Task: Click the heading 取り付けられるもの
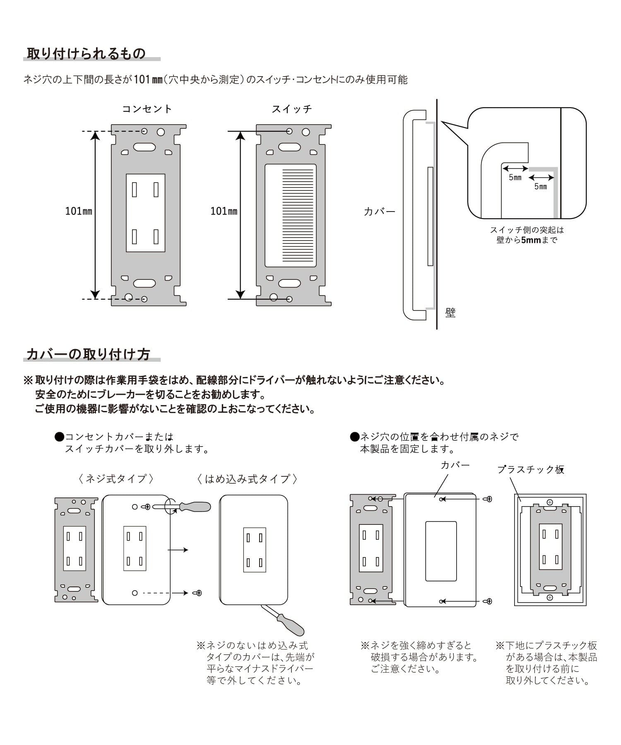86,54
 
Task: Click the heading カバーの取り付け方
88,354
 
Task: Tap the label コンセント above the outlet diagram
147,109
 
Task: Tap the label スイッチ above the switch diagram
292,109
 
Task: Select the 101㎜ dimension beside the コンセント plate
79,211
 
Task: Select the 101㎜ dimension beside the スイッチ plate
224,211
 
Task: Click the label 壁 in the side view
450,312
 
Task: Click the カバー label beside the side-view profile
380,212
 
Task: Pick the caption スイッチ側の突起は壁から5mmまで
527,235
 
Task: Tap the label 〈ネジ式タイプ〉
116,479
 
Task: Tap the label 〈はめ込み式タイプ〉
247,479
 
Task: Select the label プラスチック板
531,469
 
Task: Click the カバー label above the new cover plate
455,465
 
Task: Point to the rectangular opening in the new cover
441,551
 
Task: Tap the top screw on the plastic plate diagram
550,502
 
